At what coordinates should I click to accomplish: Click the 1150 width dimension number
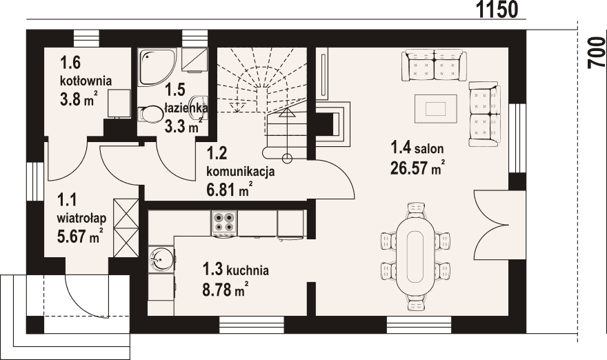[497, 10]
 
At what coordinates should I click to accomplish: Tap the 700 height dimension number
[597, 53]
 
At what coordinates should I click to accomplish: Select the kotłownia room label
[86, 81]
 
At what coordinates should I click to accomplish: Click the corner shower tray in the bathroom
[157, 67]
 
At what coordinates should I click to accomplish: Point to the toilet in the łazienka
[151, 114]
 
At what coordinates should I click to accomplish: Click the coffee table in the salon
[435, 108]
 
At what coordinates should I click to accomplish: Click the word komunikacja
[241, 171]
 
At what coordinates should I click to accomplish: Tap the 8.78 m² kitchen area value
[225, 289]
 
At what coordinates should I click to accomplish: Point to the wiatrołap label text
[81, 219]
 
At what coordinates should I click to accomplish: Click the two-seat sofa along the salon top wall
[434, 65]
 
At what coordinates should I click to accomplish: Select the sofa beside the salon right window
[484, 114]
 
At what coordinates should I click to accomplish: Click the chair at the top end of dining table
[417, 210]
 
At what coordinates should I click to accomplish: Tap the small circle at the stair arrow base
[287, 158]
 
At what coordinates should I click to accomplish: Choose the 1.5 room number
[175, 90]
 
